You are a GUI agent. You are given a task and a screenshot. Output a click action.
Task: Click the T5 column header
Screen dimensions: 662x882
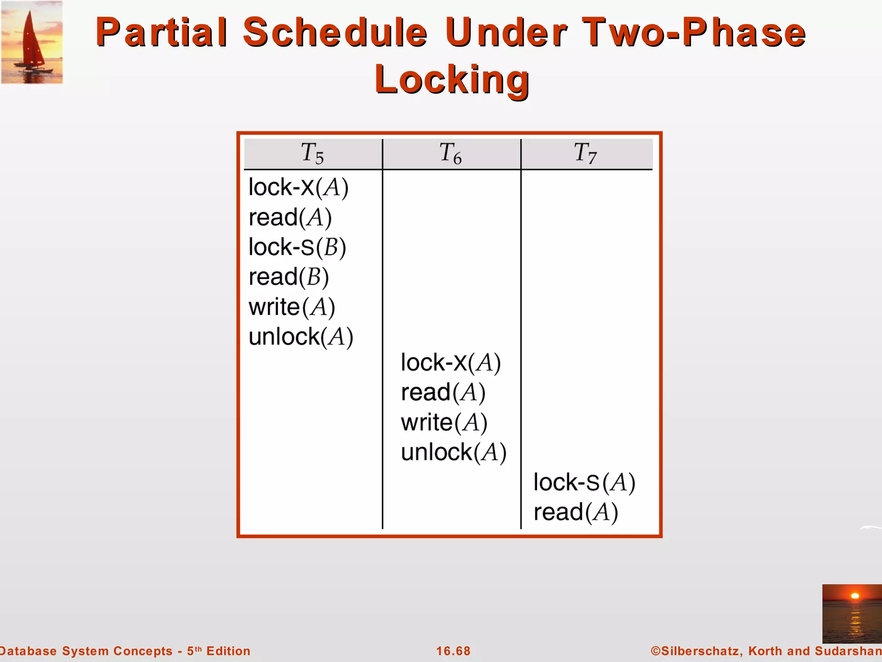click(x=312, y=153)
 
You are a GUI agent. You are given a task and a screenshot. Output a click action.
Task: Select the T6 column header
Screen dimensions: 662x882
click(x=450, y=153)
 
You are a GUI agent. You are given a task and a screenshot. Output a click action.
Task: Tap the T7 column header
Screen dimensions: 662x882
click(x=586, y=153)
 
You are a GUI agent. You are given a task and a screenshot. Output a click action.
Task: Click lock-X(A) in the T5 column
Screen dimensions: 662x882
click(x=298, y=188)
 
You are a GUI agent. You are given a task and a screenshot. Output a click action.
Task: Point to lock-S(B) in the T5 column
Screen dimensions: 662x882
click(x=297, y=247)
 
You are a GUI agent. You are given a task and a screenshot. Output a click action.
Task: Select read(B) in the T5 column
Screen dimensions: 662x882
click(x=289, y=277)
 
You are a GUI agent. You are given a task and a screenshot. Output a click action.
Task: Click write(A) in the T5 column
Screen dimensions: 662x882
click(x=292, y=307)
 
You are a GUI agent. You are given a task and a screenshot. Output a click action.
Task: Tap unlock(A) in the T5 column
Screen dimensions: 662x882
click(x=301, y=337)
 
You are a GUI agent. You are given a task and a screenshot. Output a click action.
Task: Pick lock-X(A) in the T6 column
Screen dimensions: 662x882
click(x=450, y=363)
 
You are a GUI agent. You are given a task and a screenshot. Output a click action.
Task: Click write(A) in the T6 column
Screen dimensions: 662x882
click(x=444, y=422)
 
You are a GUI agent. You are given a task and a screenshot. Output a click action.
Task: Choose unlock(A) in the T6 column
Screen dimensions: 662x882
click(x=453, y=453)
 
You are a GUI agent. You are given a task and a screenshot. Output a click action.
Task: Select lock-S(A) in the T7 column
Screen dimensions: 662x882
click(x=584, y=483)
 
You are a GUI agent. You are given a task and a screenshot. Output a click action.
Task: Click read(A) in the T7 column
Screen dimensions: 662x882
click(x=576, y=513)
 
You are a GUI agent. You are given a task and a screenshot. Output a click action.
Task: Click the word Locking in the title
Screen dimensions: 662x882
click(x=452, y=80)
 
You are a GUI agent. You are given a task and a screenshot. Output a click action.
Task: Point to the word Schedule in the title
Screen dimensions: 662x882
click(x=335, y=33)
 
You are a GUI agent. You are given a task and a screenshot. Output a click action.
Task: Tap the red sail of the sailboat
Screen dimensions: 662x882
click(x=30, y=41)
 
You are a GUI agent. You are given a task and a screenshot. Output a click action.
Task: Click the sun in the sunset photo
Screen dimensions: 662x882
click(x=855, y=596)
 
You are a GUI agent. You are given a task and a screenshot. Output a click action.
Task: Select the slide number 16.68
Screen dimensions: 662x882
click(x=453, y=651)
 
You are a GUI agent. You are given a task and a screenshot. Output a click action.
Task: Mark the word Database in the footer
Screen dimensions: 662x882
click(x=28, y=651)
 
